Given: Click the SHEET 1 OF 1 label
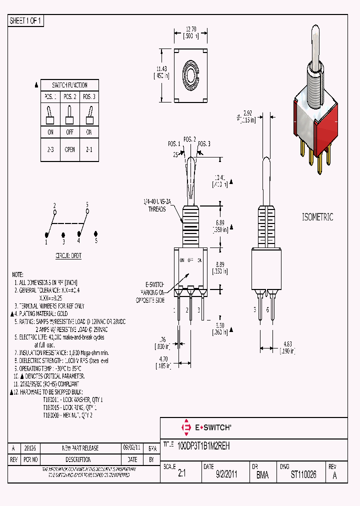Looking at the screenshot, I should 26,20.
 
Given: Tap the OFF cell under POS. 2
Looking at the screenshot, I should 69,132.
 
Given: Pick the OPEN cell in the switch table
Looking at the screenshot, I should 69,149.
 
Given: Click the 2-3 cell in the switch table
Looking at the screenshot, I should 50,149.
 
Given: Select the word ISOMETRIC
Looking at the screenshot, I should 317,217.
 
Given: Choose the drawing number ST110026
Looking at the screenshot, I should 303,475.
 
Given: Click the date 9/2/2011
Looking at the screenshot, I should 226,475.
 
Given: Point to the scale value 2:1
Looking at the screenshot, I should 181,475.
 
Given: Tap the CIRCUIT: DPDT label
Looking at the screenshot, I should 68,254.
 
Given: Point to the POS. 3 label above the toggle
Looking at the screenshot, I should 203,144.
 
